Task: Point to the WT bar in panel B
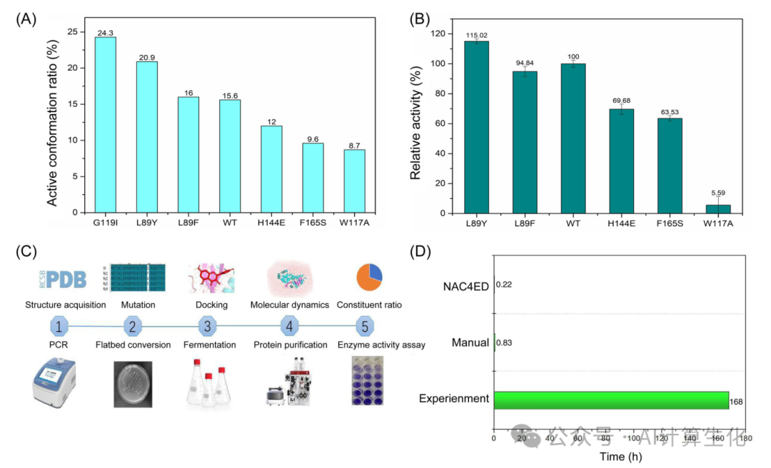point(573,138)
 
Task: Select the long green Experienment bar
point(610,400)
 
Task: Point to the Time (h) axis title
point(619,456)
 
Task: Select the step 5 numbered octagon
point(364,327)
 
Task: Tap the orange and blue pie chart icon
point(368,278)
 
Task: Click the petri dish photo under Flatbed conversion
point(133,384)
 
